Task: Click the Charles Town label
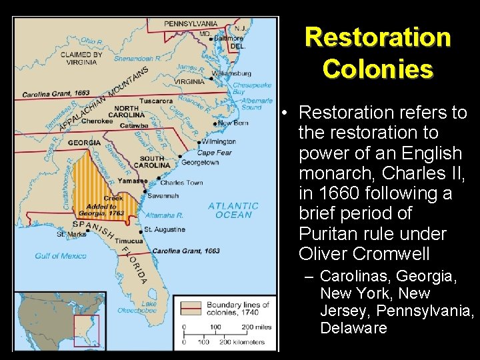click(181, 182)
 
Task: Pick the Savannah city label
click(163, 195)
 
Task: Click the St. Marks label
click(70, 234)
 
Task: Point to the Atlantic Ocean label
click(233, 210)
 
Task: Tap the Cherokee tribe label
click(97, 121)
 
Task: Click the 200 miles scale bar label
click(247, 327)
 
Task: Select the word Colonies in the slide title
click(378, 68)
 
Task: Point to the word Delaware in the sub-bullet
click(353, 328)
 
